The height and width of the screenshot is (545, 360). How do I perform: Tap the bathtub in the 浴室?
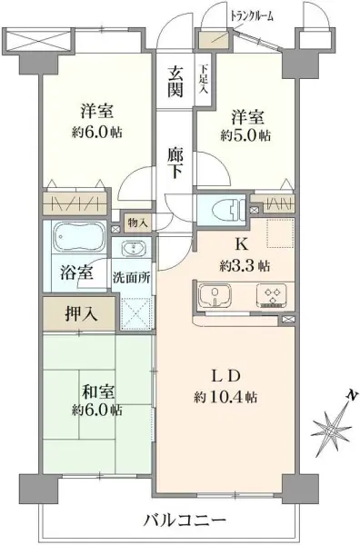pyautogui.click(x=79, y=239)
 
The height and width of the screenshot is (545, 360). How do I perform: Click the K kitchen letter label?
pyautogui.click(x=243, y=244)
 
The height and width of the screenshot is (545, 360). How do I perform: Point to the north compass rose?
pyautogui.click(x=333, y=421)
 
